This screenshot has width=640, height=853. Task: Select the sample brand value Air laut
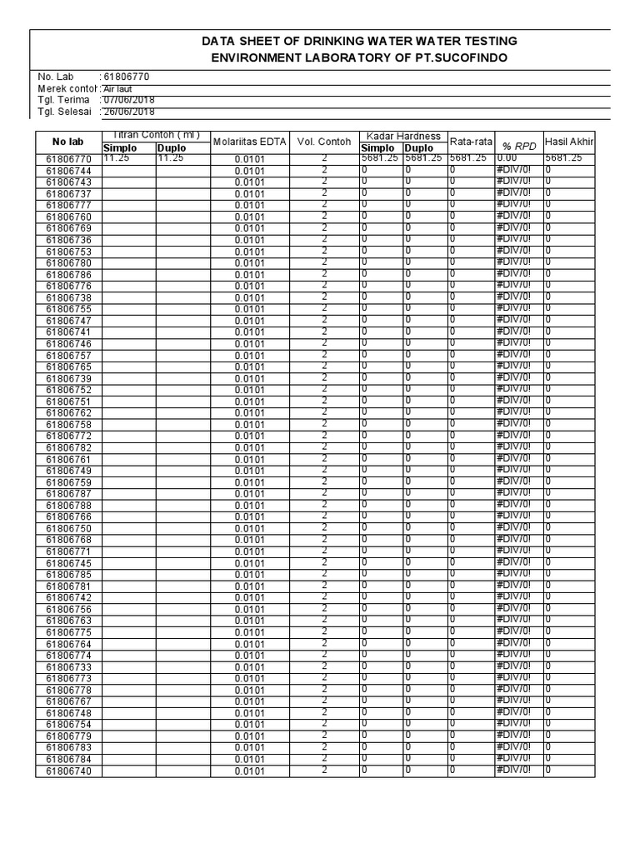coord(117,88)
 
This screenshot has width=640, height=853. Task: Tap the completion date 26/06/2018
coord(129,112)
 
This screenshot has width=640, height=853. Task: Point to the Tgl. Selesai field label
coord(63,112)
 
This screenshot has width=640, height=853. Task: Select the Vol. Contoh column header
coord(324,142)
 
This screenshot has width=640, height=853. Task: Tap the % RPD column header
coord(518,146)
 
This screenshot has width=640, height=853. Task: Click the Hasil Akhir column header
coord(568,141)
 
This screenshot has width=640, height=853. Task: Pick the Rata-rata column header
coord(471,141)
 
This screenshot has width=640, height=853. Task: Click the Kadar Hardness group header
coord(403,136)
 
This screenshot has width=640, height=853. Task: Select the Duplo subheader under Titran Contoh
coord(172,147)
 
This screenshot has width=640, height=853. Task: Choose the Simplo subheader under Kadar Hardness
coord(377,147)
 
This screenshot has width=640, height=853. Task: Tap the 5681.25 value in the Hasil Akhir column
coord(564,157)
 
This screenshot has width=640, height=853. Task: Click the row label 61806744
coord(69,170)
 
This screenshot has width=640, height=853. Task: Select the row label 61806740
coord(69,771)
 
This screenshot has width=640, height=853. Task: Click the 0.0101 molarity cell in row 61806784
coord(249,760)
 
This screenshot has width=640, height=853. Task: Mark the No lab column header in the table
coord(68,142)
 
